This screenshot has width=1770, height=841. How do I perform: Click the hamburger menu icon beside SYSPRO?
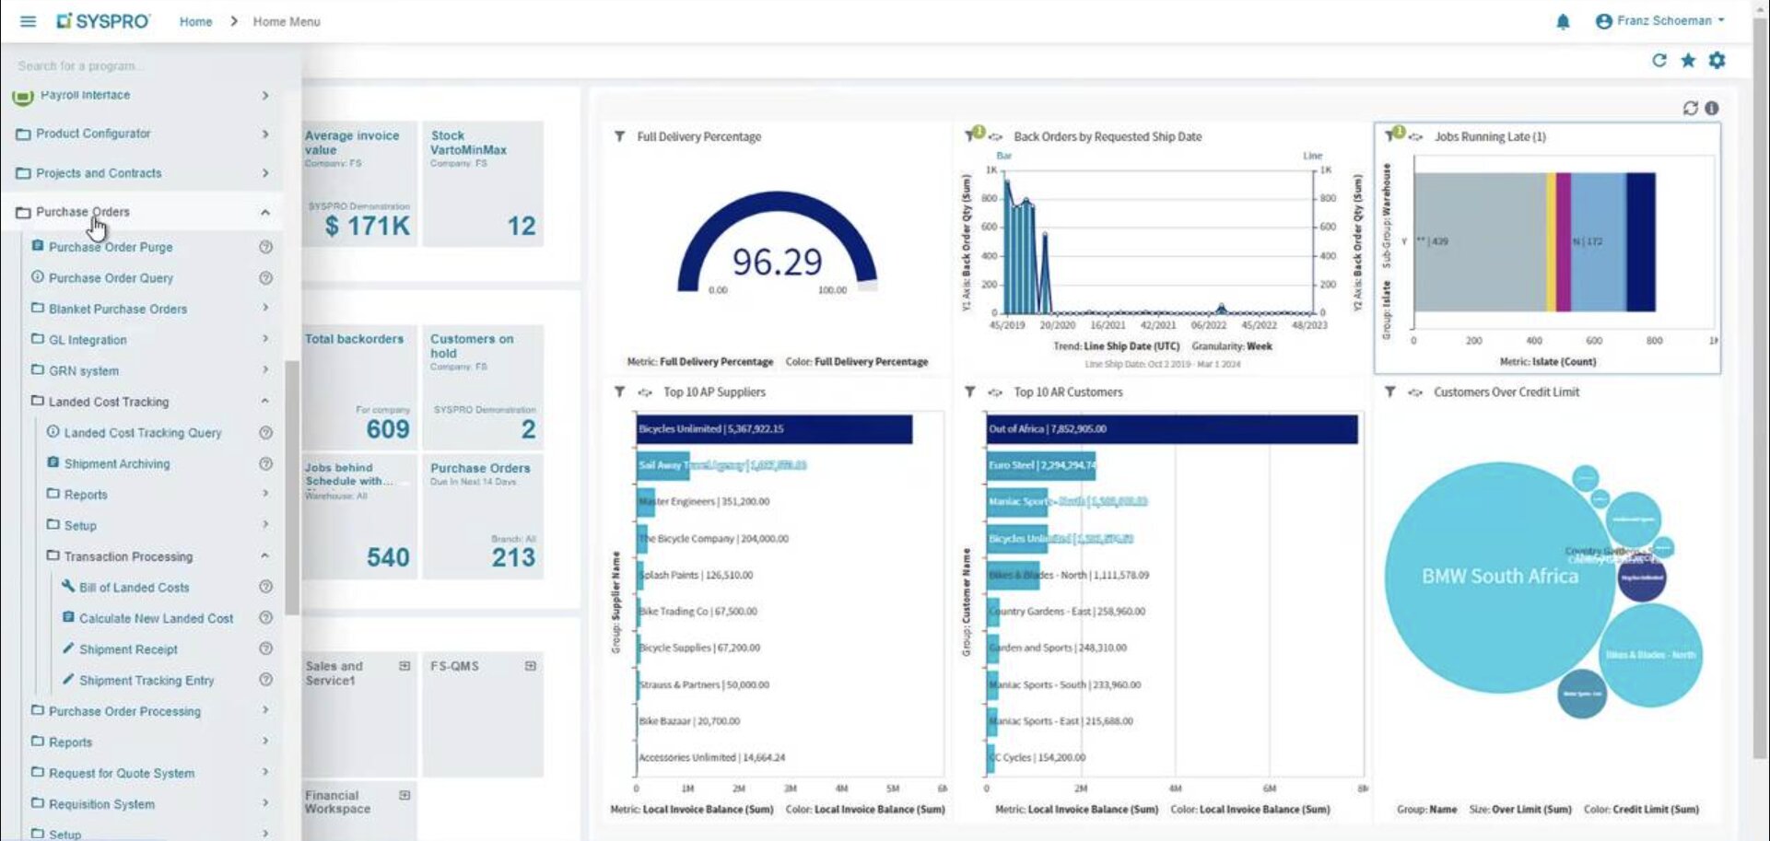28,21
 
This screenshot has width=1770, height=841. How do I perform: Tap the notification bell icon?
1563,21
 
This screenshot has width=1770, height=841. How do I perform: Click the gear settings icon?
1717,61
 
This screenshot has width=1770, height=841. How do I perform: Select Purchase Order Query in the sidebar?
111,278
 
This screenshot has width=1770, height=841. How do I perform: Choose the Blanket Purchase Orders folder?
117,309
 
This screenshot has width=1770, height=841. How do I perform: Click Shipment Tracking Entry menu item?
146,681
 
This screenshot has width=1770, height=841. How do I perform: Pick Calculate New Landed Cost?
156,619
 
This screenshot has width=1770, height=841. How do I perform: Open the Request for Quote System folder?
121,774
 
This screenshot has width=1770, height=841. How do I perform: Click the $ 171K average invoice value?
367,226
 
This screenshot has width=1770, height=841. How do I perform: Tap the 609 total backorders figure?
387,429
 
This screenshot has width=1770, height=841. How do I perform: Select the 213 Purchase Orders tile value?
513,557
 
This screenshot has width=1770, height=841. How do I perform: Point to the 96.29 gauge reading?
777,263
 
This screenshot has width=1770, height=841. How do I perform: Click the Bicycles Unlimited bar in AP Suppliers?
774,429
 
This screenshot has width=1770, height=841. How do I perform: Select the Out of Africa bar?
1171,429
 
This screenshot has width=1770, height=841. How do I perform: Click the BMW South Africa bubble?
1499,577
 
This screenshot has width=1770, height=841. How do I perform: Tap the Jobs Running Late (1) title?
1489,136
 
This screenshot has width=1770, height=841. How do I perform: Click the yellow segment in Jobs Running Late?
1551,241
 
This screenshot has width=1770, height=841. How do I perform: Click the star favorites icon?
1688,61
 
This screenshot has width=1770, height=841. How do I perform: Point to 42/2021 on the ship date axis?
1157,325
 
